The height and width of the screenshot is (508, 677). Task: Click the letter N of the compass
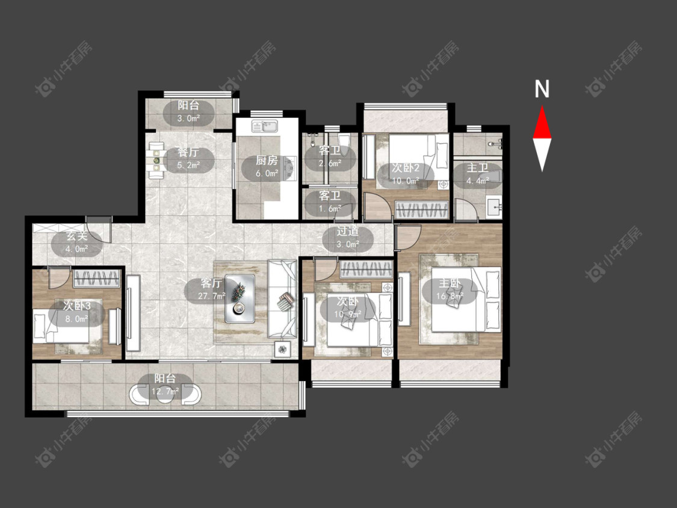tap(542, 89)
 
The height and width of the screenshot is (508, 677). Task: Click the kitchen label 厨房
tap(267, 161)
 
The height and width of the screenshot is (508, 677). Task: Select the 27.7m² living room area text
tap(212, 296)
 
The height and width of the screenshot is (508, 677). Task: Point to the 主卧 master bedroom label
tap(450, 283)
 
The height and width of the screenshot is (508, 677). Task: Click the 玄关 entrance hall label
tap(77, 236)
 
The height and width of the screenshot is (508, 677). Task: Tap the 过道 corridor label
tap(348, 231)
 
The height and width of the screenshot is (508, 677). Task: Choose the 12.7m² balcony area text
tap(165, 391)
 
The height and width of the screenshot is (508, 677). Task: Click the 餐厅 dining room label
tap(188, 152)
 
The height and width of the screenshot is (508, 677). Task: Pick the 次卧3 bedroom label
tap(77, 306)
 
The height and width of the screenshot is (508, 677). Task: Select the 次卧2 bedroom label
tap(406, 168)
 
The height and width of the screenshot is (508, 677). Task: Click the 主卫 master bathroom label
tap(478, 167)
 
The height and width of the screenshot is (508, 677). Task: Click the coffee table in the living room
tap(240, 298)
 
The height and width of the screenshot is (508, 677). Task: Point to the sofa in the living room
tap(282, 299)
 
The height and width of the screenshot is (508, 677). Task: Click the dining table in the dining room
tap(156, 160)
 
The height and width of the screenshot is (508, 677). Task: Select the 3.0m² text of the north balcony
tap(188, 118)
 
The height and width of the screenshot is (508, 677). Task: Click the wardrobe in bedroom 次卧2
tap(422, 211)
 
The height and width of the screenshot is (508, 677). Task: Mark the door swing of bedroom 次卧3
tap(58, 278)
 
